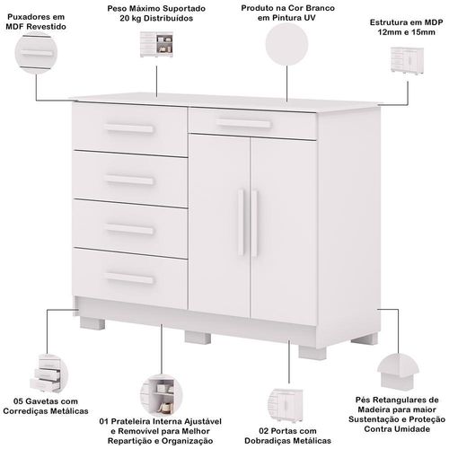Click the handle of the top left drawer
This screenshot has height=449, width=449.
coord(129,128)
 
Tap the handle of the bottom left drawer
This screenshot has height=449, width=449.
coord(129,278)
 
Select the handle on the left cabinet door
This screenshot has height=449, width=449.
coord(242,222)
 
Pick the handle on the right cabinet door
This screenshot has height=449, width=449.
coord(254,224)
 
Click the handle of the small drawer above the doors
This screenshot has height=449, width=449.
coord(243,123)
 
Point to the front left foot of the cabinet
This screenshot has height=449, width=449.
coord(92,323)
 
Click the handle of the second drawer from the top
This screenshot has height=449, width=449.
coord(129,180)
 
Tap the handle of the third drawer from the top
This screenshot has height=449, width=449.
coord(129,229)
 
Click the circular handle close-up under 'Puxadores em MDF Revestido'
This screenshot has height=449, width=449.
coord(36,53)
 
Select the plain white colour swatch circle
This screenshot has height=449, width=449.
coord(286,44)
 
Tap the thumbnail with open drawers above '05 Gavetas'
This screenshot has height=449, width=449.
coord(48,374)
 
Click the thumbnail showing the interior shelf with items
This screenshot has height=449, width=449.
coord(161,395)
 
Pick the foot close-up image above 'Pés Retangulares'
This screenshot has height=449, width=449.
coord(398,373)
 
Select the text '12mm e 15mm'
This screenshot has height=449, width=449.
coord(406,32)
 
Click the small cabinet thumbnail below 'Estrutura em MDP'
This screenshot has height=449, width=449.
coord(407,59)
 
